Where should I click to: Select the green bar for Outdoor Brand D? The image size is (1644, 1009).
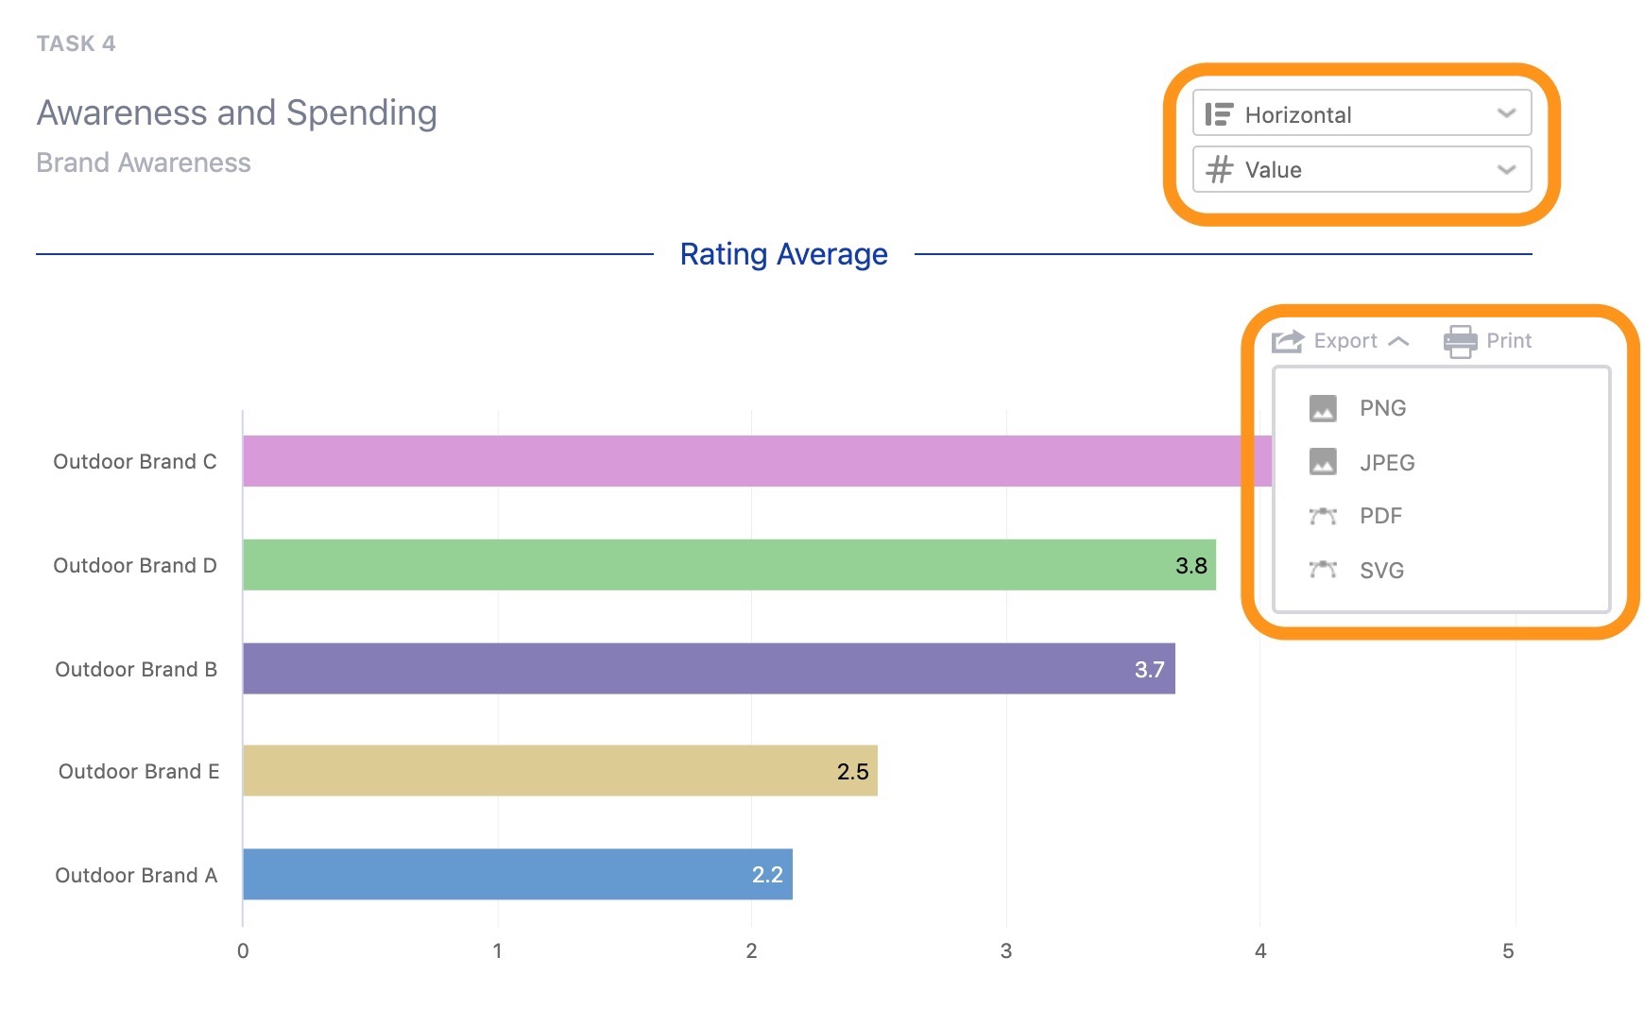(x=728, y=565)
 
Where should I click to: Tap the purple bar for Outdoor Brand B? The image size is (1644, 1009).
(x=709, y=669)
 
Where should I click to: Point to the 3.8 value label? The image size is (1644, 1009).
(x=1190, y=566)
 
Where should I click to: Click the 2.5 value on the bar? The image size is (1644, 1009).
(x=852, y=772)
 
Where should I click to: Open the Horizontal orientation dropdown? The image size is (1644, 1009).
(x=1361, y=114)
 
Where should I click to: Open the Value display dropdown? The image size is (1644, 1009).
(x=1361, y=170)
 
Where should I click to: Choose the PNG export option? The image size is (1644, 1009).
(x=1381, y=408)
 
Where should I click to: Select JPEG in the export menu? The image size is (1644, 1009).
(x=1386, y=463)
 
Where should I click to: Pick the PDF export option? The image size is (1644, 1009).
(x=1379, y=516)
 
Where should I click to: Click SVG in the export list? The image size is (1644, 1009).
(x=1380, y=571)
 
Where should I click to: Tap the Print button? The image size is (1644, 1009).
(x=1488, y=341)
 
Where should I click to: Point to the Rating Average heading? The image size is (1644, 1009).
(x=783, y=254)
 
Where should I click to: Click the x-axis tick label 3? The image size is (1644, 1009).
(x=1005, y=951)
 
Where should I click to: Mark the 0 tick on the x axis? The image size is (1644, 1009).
(x=243, y=951)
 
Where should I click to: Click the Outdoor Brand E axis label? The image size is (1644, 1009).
(x=138, y=772)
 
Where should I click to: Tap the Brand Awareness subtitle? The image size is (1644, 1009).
(x=144, y=162)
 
